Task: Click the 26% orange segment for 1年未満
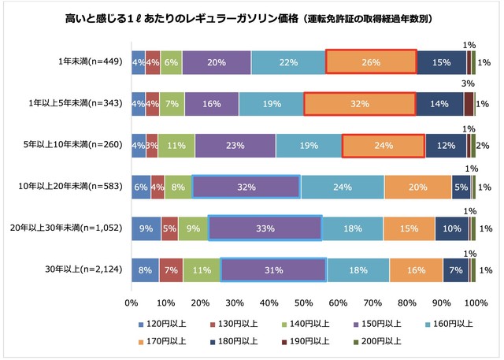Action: [x=370, y=62]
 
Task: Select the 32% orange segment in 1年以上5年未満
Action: [x=359, y=103]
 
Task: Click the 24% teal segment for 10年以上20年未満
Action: [x=343, y=186]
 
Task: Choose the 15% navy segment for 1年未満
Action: [x=441, y=62]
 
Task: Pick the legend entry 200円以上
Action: [x=379, y=341]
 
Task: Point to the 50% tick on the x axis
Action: [x=303, y=302]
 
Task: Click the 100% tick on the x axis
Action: [x=475, y=302]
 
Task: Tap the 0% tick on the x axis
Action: [x=132, y=302]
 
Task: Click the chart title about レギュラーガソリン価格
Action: [x=252, y=17]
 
